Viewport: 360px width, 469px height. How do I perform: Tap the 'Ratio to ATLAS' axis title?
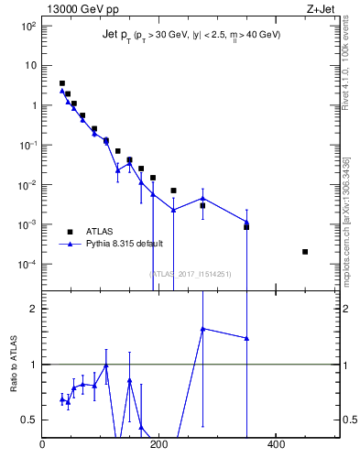[14, 365]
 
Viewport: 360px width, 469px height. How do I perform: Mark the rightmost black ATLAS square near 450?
[305, 252]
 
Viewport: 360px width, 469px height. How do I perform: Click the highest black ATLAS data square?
[62, 83]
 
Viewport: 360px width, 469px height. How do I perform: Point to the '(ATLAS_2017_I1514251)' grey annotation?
[190, 274]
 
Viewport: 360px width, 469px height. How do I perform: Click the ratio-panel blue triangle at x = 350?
[246, 338]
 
